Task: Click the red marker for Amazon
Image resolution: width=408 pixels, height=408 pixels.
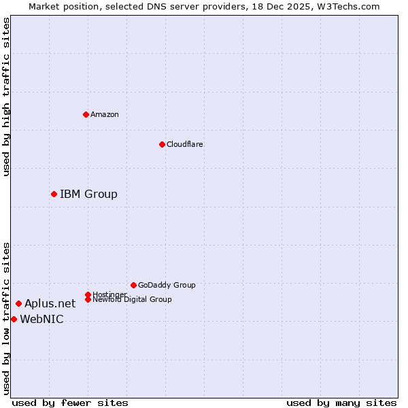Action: pos(86,114)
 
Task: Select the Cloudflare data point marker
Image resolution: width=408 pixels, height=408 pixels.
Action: pos(162,144)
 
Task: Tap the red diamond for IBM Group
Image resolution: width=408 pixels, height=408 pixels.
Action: pos(54,194)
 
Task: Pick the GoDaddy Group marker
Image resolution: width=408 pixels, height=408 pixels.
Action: pos(133,285)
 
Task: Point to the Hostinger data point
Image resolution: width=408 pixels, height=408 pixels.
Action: pos(88,294)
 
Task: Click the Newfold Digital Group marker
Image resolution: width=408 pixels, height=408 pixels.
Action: pos(88,299)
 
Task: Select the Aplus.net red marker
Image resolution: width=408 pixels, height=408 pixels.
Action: pos(18,303)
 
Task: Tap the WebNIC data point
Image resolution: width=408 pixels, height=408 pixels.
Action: pos(14,319)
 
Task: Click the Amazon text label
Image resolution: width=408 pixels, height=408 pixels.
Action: pos(105,114)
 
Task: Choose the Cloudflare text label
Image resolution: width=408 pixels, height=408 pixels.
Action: pos(184,144)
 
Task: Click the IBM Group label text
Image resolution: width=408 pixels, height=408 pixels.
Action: pos(88,194)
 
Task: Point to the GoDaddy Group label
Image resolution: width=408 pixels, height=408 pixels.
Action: pos(167,285)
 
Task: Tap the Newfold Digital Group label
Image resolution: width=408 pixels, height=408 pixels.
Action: pos(132,299)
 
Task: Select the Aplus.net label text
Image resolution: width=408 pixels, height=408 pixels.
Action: pos(50,304)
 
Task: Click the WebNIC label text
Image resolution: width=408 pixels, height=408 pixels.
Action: pos(41,320)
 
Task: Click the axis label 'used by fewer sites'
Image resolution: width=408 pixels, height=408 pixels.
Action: pos(70,403)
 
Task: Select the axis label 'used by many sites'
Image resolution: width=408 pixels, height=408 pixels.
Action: pos(341,403)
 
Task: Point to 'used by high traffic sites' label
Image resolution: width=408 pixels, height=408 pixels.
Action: pos(6,97)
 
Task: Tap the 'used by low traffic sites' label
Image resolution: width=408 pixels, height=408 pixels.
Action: pos(6,318)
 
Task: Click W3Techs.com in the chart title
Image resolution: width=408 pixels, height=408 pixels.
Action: pos(346,6)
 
